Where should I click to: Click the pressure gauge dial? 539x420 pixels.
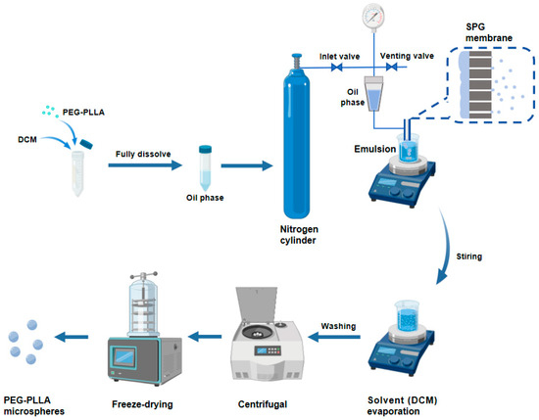point(373,16)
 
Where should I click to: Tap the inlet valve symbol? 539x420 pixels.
point(336,67)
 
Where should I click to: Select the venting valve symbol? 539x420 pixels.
point(392,67)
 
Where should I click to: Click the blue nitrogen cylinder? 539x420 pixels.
point(297,136)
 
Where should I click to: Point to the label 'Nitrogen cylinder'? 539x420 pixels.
point(299,235)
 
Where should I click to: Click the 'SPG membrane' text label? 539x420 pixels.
point(489,32)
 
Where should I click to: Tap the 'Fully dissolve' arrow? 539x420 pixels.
point(145,165)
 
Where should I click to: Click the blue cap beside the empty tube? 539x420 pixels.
point(86,144)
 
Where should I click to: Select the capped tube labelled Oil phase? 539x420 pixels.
point(205,168)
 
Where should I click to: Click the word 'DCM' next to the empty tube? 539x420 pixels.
point(27,139)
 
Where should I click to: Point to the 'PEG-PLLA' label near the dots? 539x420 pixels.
point(83,113)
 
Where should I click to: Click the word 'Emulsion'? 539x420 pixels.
point(375,149)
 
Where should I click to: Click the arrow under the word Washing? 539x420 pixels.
point(334,337)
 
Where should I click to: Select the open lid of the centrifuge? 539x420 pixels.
point(256,304)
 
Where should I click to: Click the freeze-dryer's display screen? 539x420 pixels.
point(123,357)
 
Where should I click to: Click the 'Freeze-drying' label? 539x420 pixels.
point(142,404)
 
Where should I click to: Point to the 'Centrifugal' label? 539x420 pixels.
point(263,404)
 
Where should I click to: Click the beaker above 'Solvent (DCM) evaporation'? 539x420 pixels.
point(407,315)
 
